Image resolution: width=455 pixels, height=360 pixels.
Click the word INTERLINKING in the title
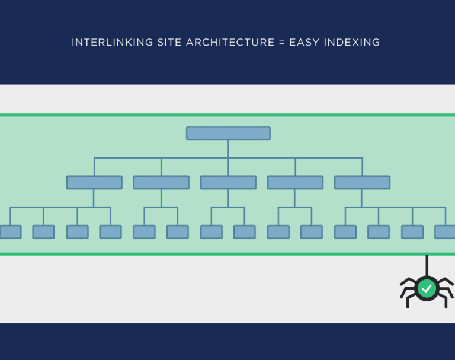(x=113, y=43)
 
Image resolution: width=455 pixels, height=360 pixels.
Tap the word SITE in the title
(x=169, y=43)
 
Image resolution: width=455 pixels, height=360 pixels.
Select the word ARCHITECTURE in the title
(x=230, y=43)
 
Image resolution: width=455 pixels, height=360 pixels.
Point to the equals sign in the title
(x=281, y=43)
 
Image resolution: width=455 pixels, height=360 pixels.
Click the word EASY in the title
(x=304, y=43)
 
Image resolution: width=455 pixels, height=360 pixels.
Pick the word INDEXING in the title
(x=352, y=43)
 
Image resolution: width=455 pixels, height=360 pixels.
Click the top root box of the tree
(x=228, y=133)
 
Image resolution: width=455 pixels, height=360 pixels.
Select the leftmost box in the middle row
(x=94, y=183)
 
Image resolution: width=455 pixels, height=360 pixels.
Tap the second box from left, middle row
(x=161, y=183)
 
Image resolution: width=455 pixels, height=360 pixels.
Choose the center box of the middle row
(x=228, y=183)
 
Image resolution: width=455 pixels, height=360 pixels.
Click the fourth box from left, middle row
(x=296, y=183)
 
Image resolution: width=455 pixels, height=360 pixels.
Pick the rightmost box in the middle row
(x=363, y=183)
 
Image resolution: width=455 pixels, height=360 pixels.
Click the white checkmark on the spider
(x=427, y=288)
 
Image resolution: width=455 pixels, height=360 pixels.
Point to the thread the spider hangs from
(x=427, y=266)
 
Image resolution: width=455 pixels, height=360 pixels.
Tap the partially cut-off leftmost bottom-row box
(x=11, y=232)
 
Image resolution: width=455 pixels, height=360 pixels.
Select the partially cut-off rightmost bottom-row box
(x=445, y=232)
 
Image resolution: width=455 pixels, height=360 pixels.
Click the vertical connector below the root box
(x=228, y=149)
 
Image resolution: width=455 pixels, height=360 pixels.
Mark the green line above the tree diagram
(x=227, y=115)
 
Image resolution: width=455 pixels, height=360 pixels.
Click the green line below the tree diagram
(x=227, y=254)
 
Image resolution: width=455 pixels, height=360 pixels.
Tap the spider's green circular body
(x=427, y=288)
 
